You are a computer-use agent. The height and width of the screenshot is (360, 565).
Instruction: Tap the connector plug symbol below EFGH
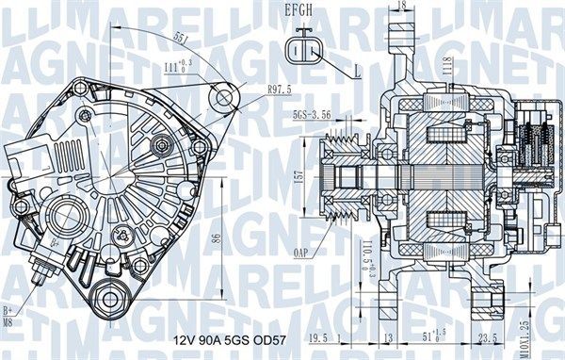[x=304, y=51]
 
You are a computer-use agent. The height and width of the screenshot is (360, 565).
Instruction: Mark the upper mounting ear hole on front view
[x=224, y=97]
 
